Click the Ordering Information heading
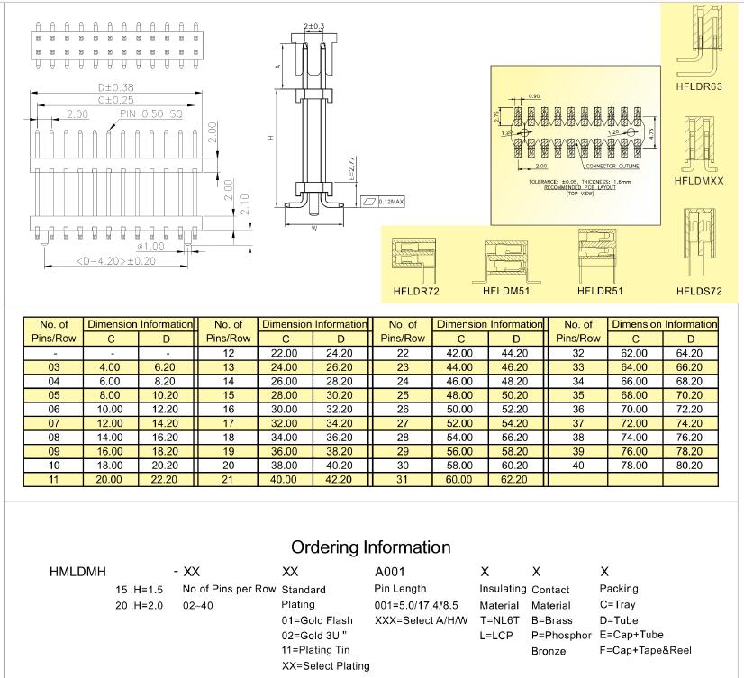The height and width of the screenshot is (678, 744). (x=371, y=547)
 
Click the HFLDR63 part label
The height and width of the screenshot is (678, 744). (x=699, y=87)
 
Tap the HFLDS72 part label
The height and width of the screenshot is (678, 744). (x=699, y=291)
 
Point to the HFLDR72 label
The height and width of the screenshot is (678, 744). (x=416, y=291)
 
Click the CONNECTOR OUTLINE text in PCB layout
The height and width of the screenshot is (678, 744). (x=612, y=167)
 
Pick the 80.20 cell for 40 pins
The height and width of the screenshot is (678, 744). (x=688, y=466)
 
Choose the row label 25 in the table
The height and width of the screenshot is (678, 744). (x=403, y=394)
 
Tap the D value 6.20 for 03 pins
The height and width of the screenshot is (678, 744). (x=165, y=367)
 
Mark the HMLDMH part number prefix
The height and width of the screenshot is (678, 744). (x=77, y=572)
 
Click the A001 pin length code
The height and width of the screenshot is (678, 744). (x=390, y=572)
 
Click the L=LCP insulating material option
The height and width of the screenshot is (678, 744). (x=497, y=635)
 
